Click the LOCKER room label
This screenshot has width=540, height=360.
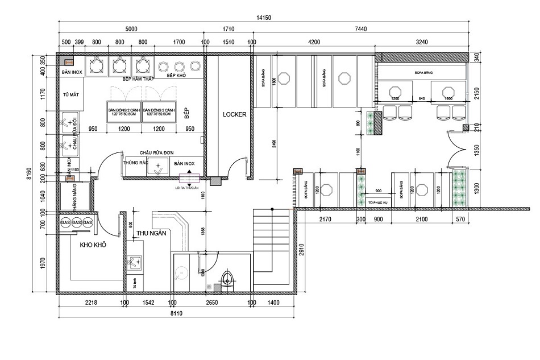pyautogui.click(x=235, y=114)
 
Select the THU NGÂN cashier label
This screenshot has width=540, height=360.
pyautogui.click(x=149, y=233)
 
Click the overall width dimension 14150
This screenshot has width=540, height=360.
pyautogui.click(x=265, y=18)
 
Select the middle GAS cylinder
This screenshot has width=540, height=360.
pyautogui.click(x=77, y=223)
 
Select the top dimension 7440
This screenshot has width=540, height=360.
pyautogui.click(x=359, y=28)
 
